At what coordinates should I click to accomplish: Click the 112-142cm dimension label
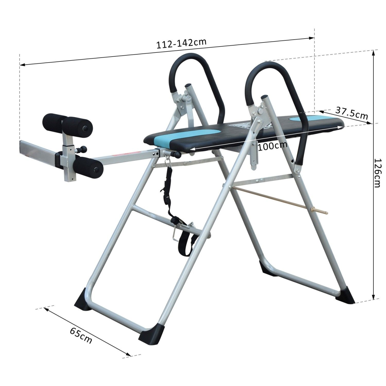(181, 43)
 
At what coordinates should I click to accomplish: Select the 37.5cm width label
(352, 113)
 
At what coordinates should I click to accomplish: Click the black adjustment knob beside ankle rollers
(83, 149)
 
